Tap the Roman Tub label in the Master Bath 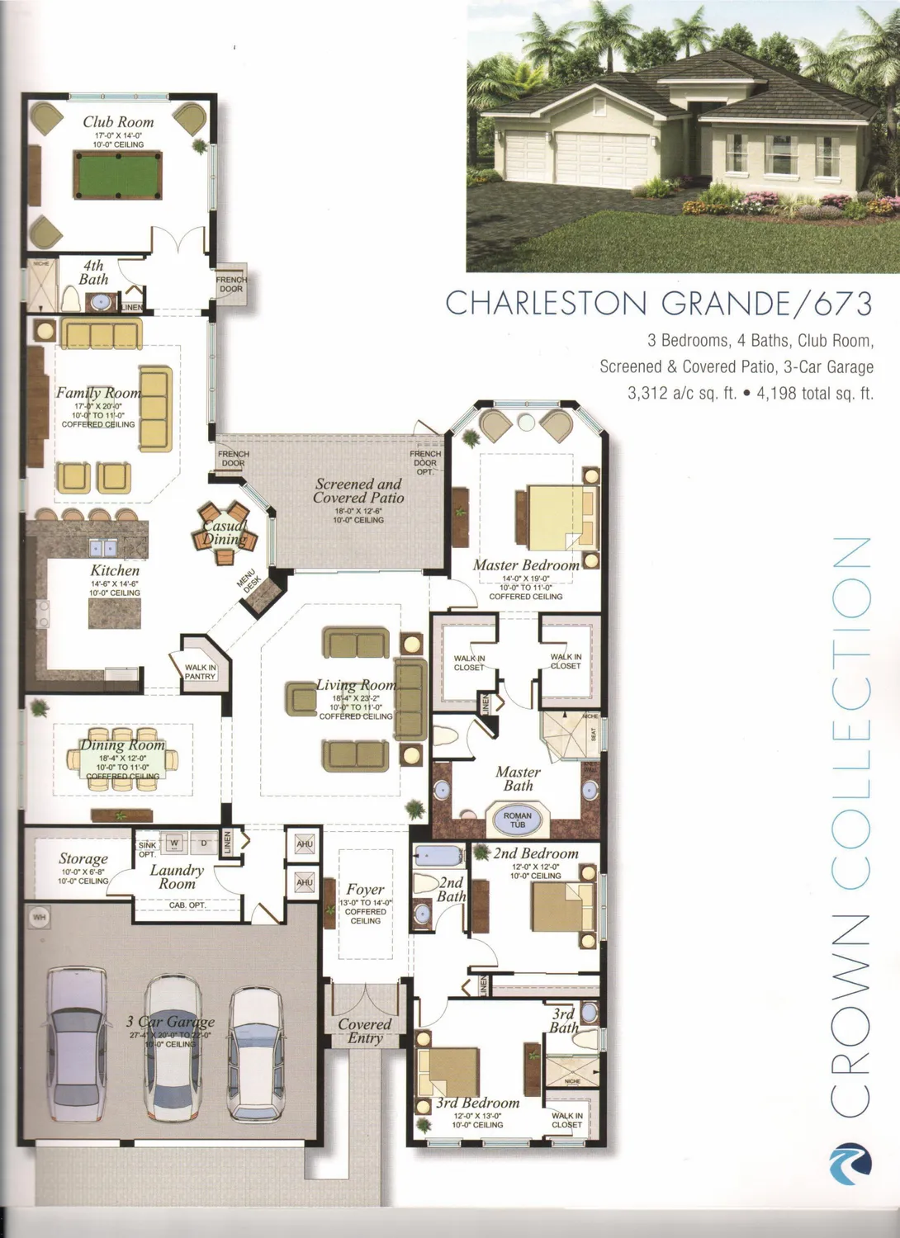pyautogui.click(x=518, y=820)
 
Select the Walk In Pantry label pyautogui.click(x=201, y=672)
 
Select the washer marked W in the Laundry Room pyautogui.click(x=174, y=843)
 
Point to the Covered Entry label pyautogui.click(x=364, y=1031)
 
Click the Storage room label pyautogui.click(x=83, y=859)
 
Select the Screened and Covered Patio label pyautogui.click(x=358, y=491)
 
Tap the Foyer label pyautogui.click(x=365, y=889)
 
